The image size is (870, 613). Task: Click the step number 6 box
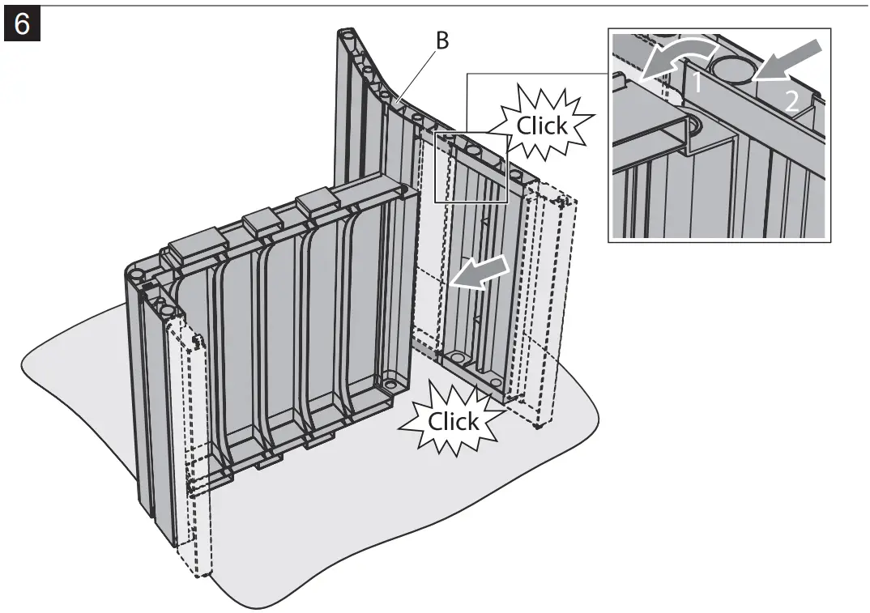[23, 24]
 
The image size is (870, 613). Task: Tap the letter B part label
[441, 40]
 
